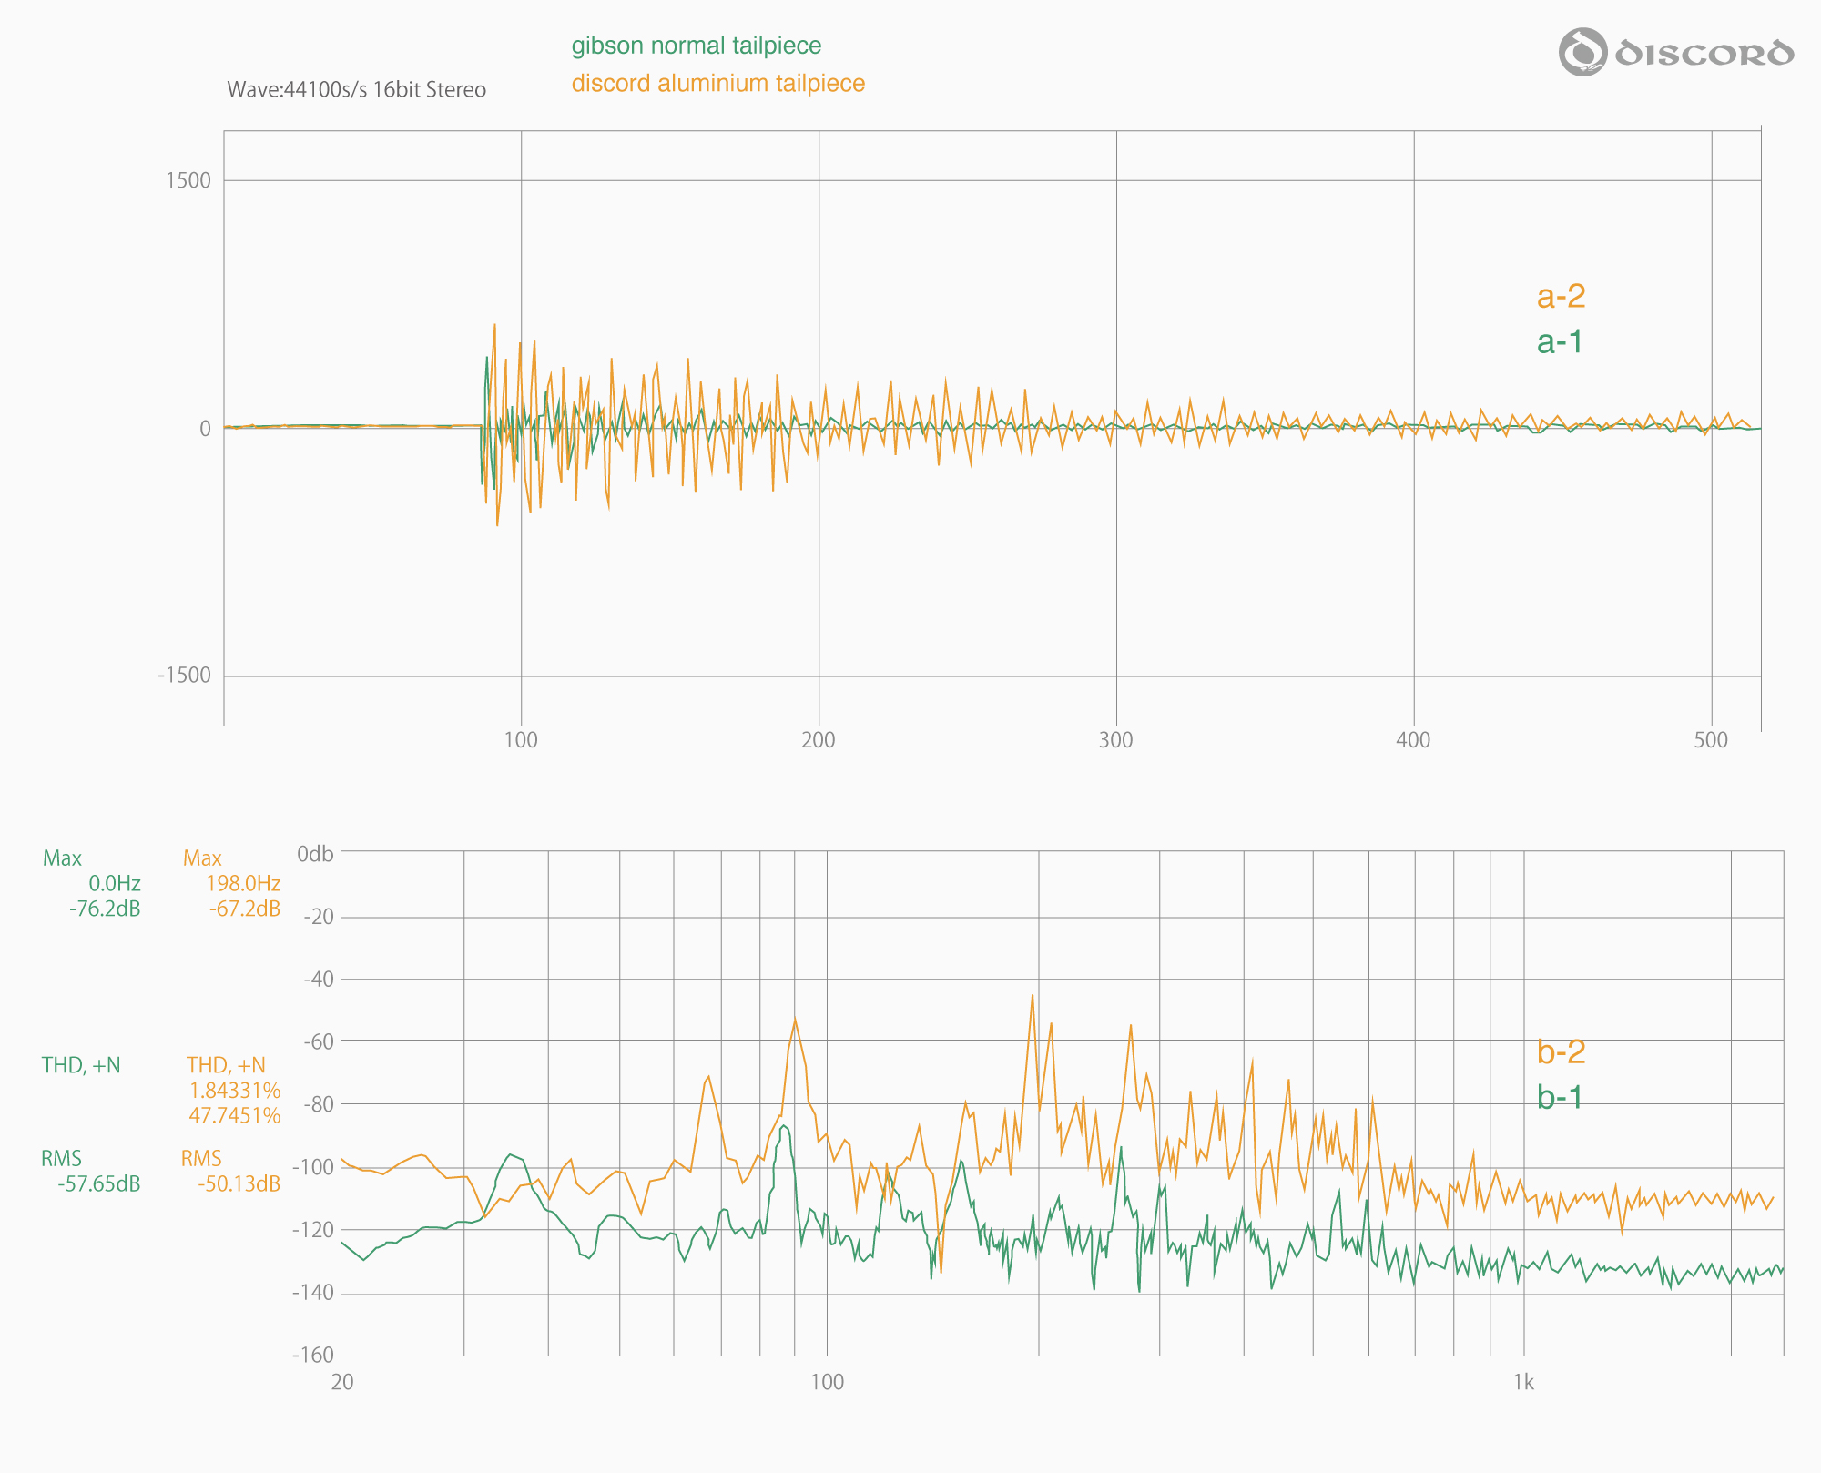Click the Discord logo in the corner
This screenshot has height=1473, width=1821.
(x=1675, y=52)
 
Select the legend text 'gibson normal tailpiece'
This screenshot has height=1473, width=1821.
(x=696, y=46)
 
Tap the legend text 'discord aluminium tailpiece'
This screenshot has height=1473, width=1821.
(x=717, y=84)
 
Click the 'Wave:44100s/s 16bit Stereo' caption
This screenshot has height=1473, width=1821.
(x=356, y=90)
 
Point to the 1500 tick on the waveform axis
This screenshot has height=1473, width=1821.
(x=188, y=180)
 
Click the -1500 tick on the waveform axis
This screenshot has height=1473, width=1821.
(x=184, y=676)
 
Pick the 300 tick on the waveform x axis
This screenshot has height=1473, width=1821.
(x=1115, y=740)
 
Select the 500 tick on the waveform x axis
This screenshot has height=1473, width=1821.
(x=1711, y=740)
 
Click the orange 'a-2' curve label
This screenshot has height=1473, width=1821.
(x=1561, y=296)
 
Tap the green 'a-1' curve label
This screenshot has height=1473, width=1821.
(x=1560, y=341)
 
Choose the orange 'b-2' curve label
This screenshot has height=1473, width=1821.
(x=1561, y=1051)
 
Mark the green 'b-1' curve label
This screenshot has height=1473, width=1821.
(x=1560, y=1097)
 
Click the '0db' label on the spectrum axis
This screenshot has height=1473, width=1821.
(x=315, y=854)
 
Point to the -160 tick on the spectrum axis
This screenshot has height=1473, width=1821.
(x=312, y=1355)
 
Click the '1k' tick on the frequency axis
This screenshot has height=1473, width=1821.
(x=1523, y=1383)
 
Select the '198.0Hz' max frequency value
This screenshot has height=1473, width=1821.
(x=242, y=883)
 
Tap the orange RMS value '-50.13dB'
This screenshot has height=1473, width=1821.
(x=239, y=1183)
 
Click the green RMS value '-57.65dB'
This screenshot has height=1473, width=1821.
(x=99, y=1183)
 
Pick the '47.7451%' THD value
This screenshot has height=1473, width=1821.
(x=234, y=1115)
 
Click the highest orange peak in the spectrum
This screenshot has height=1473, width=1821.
(x=1033, y=995)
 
